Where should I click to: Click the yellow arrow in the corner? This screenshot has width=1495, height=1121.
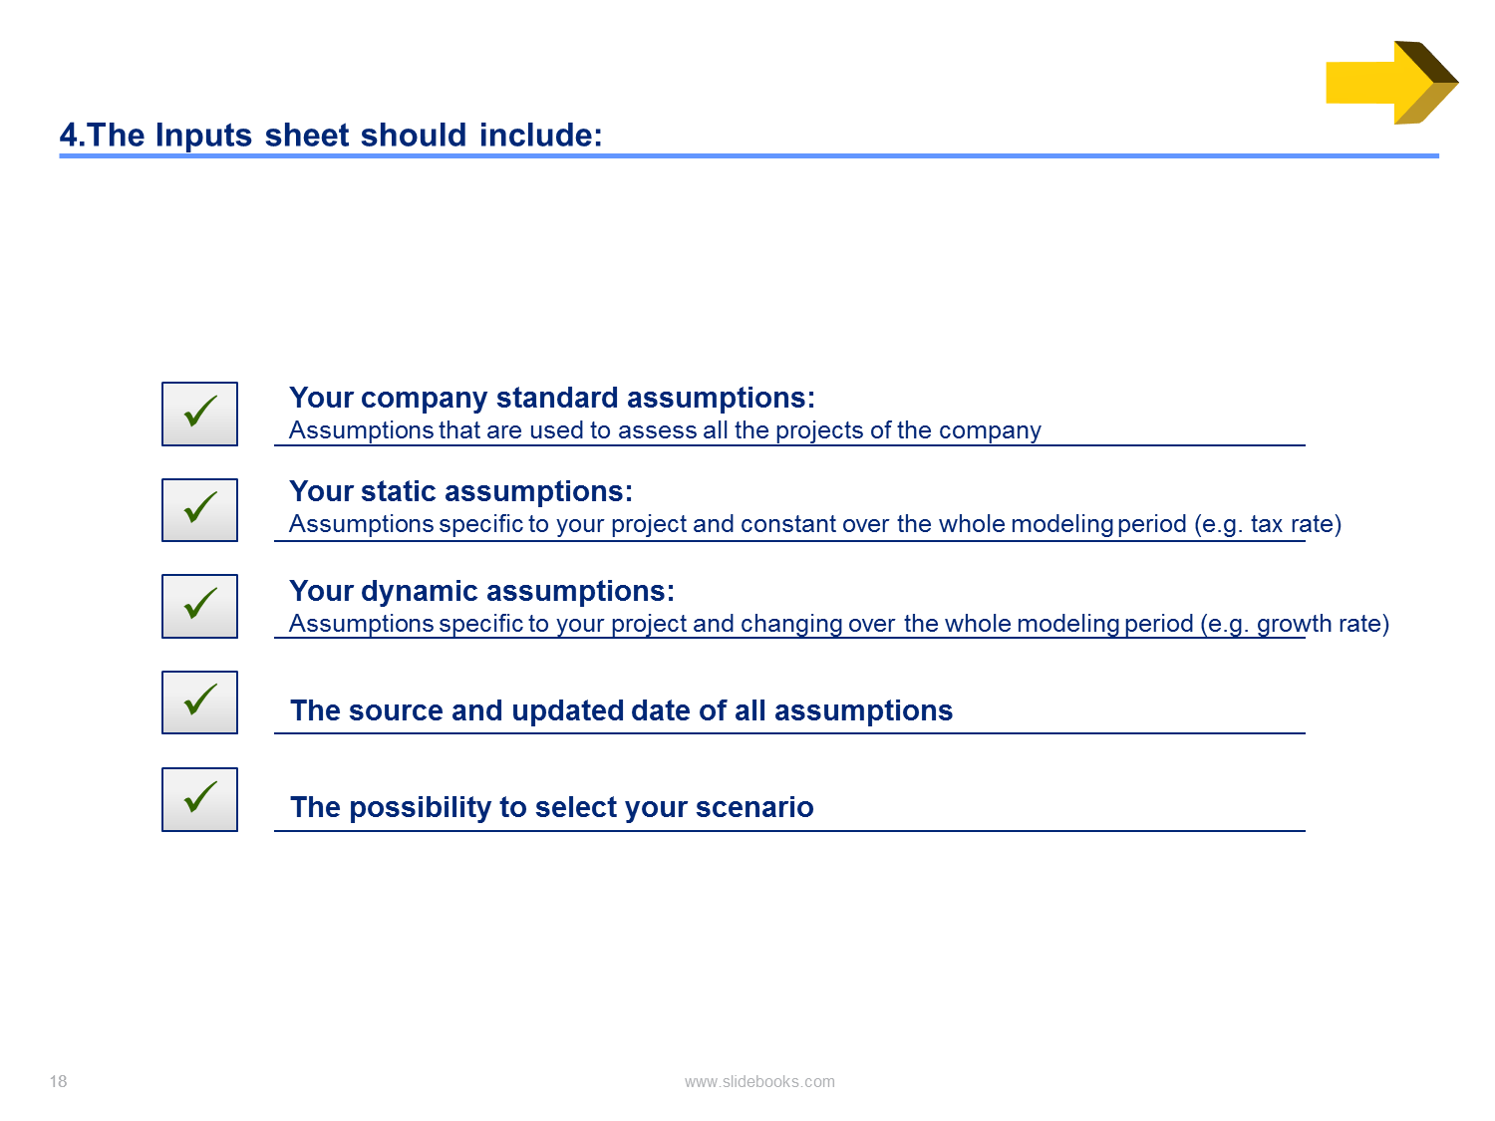pyautogui.click(x=1389, y=83)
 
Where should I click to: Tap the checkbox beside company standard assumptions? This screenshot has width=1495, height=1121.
pyautogui.click(x=199, y=414)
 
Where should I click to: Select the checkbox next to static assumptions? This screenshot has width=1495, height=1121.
pyautogui.click(x=199, y=510)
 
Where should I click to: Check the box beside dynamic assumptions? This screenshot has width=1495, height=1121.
pyautogui.click(x=199, y=606)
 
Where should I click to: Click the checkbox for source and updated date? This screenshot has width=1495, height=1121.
pyautogui.click(x=199, y=702)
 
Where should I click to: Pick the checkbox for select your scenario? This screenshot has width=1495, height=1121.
pyautogui.click(x=199, y=799)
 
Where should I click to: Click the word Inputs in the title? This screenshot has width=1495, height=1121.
pyautogui.click(x=203, y=136)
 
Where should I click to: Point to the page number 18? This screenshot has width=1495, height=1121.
pyautogui.click(x=59, y=1081)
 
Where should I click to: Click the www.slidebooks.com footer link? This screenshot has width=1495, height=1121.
pyautogui.click(x=759, y=1081)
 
